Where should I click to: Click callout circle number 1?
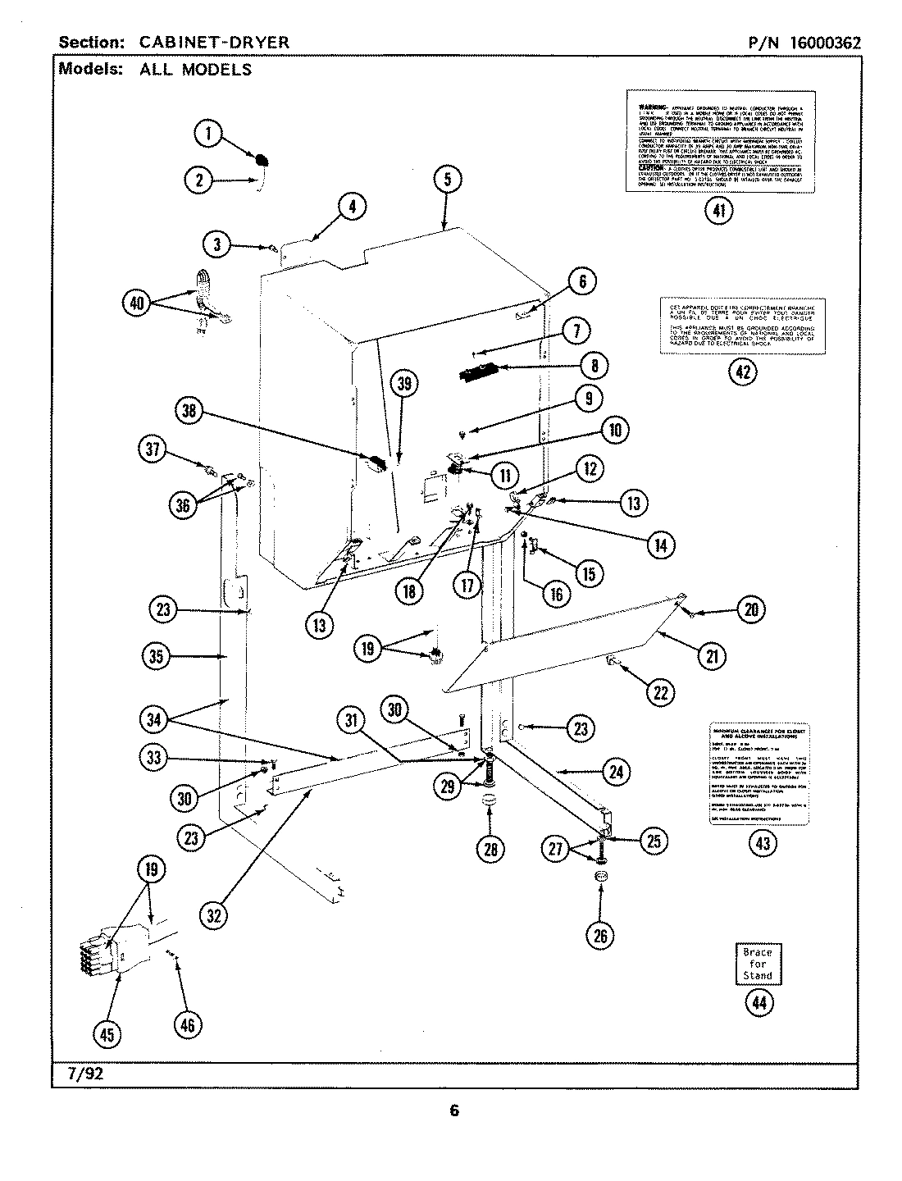click(x=209, y=133)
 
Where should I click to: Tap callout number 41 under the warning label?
click(x=718, y=210)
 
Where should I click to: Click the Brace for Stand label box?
click(x=757, y=964)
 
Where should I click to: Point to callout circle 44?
click(x=757, y=1002)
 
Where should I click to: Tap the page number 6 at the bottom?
click(x=453, y=1111)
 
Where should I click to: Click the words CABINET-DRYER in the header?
click(x=214, y=43)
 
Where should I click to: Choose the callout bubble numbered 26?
click(x=601, y=934)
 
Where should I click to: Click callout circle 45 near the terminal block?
click(x=107, y=1036)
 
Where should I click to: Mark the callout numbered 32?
click(x=214, y=915)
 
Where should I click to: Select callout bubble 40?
click(x=136, y=303)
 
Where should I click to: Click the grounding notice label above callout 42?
click(x=742, y=326)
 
